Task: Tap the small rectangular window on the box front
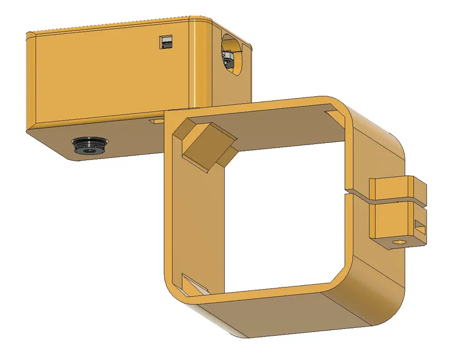[x=166, y=42]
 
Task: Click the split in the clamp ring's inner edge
[x=350, y=191]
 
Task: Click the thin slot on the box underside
[x=155, y=122]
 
